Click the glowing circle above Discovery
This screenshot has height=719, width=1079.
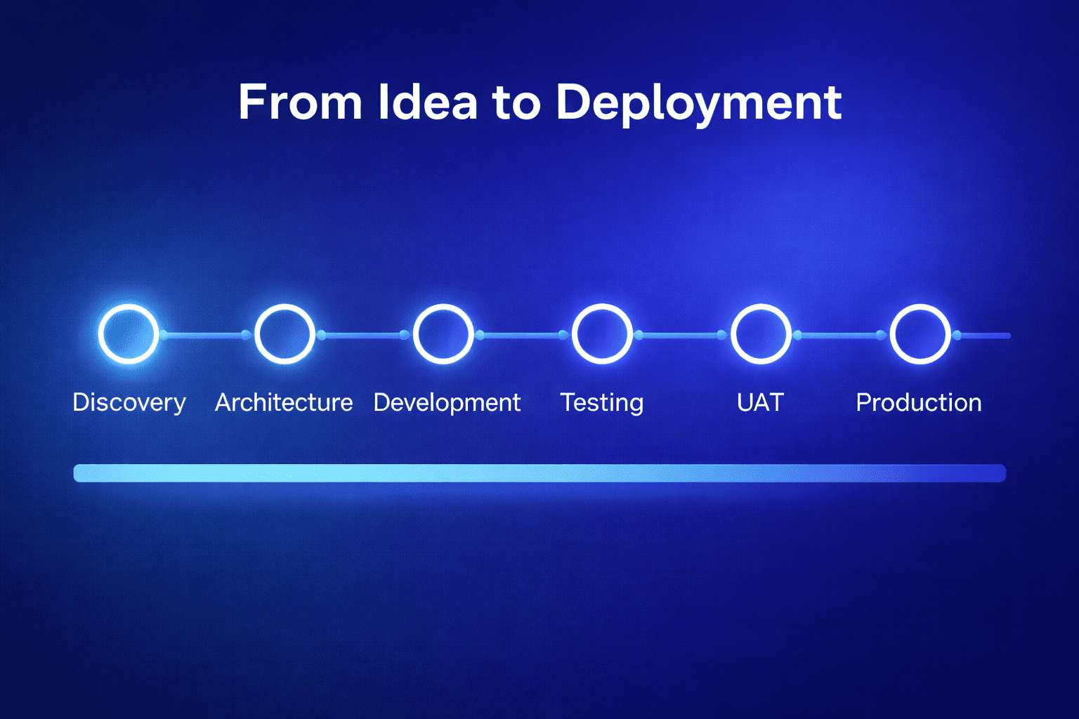[129, 334]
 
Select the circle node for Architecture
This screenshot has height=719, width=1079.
[285, 334]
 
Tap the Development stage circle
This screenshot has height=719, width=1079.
[443, 334]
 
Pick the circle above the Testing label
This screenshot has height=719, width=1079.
[602, 334]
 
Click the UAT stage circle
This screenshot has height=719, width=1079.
[761, 334]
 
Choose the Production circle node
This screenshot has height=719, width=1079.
[920, 334]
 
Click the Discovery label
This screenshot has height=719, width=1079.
[129, 403]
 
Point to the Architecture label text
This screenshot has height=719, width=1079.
[284, 402]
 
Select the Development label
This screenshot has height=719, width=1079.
[447, 403]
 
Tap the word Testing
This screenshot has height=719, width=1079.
[601, 403]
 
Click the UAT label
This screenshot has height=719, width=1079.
[760, 402]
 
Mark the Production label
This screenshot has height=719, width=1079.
[918, 402]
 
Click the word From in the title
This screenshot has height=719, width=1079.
[300, 103]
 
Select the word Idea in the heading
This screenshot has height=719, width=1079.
[427, 103]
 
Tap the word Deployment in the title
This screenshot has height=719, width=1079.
[698, 104]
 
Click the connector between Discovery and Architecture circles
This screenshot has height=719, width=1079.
[204, 335]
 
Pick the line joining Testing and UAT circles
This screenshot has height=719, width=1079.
[680, 335]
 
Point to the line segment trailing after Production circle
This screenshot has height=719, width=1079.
[983, 336]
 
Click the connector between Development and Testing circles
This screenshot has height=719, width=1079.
[521, 335]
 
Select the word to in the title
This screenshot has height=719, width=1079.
[516, 103]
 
